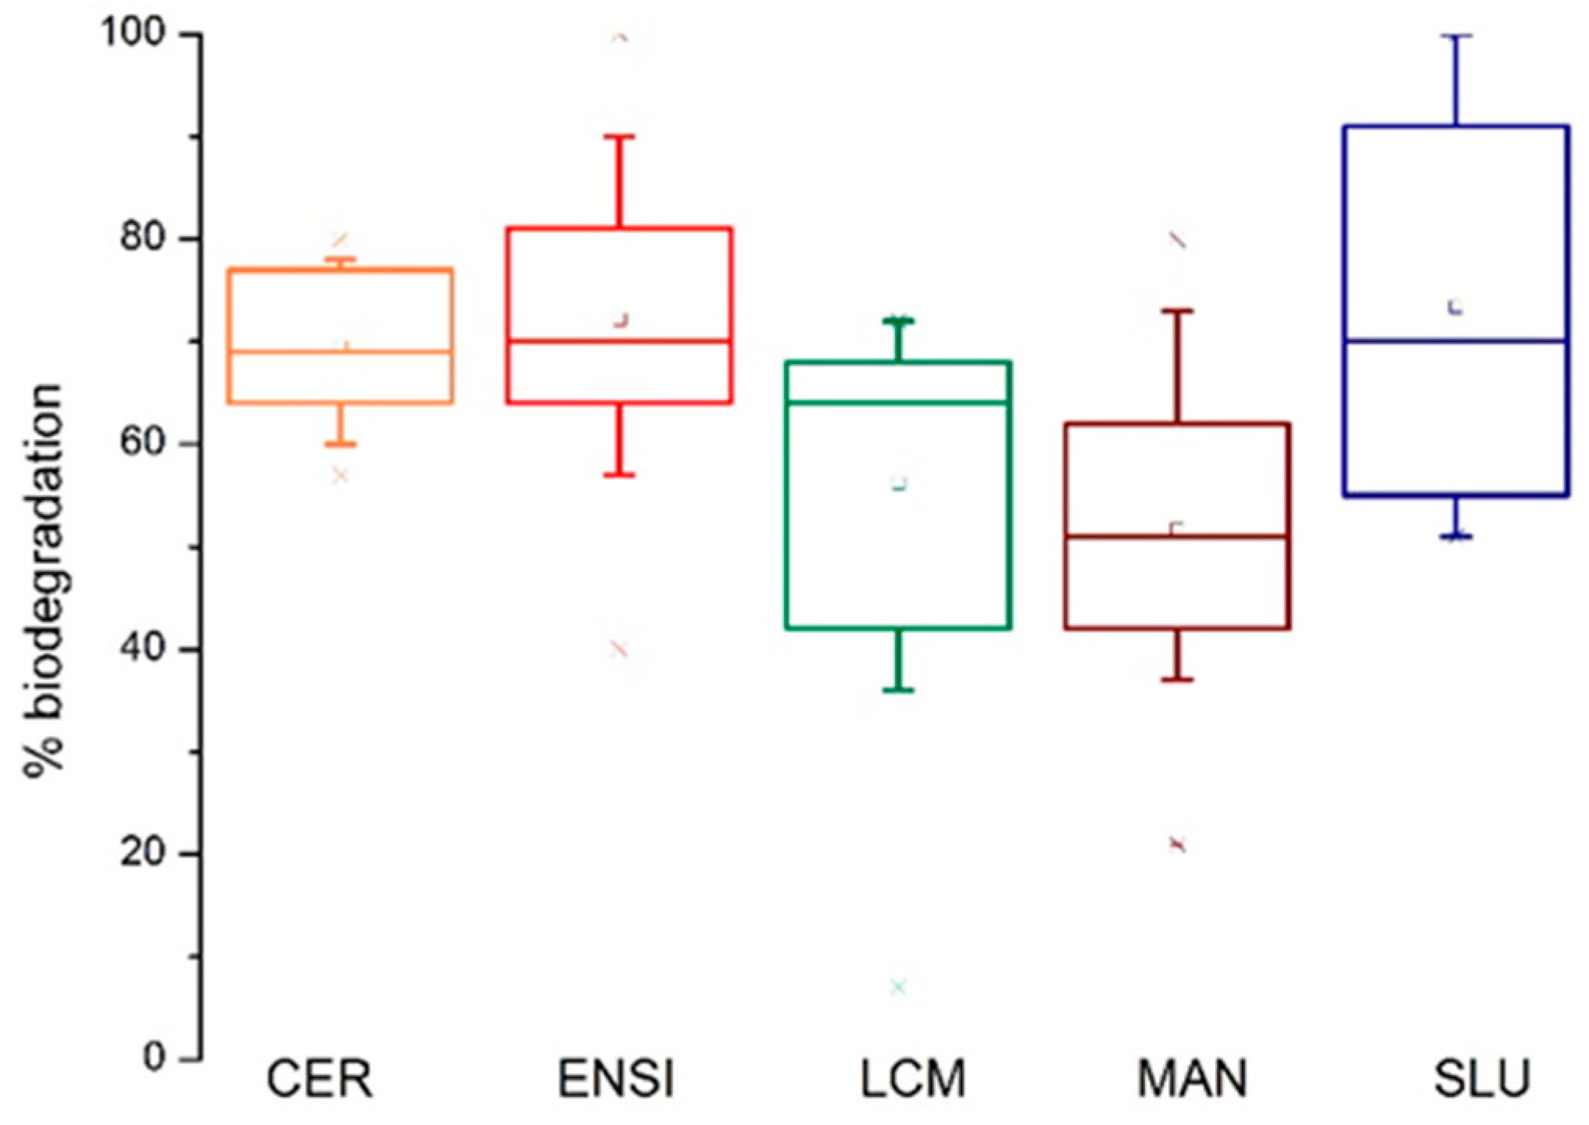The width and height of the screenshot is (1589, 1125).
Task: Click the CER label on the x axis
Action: (319, 1079)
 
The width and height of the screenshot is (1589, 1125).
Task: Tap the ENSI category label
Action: (616, 1079)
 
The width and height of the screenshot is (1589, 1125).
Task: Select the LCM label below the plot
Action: (913, 1079)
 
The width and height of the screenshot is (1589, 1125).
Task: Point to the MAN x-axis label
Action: (1192, 1079)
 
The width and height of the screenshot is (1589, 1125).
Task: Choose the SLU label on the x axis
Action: (1481, 1079)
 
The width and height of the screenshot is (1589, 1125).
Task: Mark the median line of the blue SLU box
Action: (1456, 341)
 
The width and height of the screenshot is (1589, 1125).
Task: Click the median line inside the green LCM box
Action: (899, 403)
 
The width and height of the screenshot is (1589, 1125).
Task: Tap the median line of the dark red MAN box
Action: (1177, 537)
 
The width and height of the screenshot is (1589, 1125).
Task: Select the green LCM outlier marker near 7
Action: (899, 987)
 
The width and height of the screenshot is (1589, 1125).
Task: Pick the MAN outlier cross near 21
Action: (1177, 844)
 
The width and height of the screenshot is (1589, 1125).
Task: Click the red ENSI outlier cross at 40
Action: (619, 649)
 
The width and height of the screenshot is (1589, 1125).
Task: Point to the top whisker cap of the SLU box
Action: (1456, 36)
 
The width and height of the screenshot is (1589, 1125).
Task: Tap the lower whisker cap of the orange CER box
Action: (341, 444)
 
